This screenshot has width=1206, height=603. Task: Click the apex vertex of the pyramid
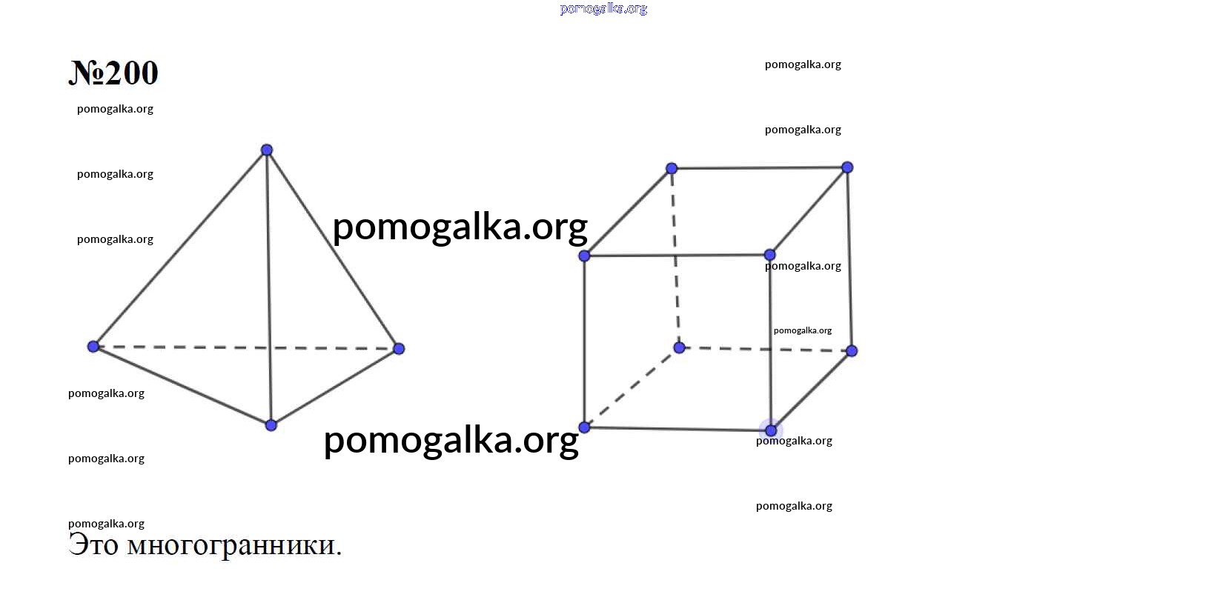tap(267, 150)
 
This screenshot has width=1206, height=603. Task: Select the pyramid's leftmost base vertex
tap(93, 347)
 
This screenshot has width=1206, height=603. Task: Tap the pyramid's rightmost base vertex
tap(399, 349)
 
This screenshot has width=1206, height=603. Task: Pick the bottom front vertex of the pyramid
tap(271, 425)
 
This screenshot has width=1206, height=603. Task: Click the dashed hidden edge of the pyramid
tap(246, 347)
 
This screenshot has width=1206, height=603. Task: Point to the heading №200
tap(113, 73)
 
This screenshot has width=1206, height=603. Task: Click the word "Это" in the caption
tap(93, 545)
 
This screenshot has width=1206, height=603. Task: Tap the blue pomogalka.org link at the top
tap(603, 9)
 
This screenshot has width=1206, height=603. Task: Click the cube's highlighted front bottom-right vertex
tap(771, 430)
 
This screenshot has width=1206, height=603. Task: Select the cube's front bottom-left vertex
tap(584, 427)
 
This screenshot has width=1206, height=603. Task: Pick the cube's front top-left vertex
tap(584, 256)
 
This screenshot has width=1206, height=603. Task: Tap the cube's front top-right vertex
tap(770, 254)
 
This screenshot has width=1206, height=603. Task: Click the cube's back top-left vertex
tap(672, 168)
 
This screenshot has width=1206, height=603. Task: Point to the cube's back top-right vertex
tap(847, 167)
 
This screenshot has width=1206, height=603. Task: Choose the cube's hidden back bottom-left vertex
tap(680, 348)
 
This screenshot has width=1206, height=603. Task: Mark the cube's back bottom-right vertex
tap(852, 351)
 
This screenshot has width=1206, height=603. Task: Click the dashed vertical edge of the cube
tap(675, 259)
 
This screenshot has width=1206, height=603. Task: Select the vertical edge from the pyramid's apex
tap(268, 287)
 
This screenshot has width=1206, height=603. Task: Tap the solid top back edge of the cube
tap(759, 168)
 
